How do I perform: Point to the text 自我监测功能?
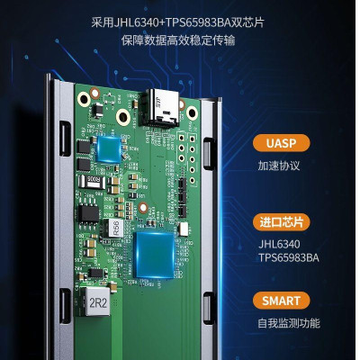288,323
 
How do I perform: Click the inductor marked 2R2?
97,303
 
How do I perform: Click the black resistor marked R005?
94,180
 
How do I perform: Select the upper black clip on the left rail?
65,137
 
